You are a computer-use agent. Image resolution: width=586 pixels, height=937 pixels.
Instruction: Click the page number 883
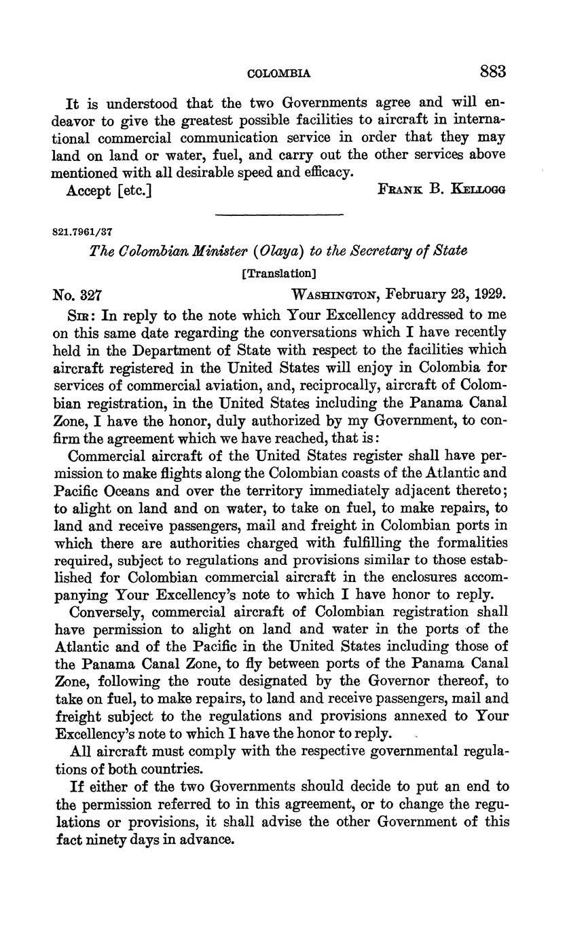tap(492, 71)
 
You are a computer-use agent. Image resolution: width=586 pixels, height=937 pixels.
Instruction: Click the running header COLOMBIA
tap(279, 73)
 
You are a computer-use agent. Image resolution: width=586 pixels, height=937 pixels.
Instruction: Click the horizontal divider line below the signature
tap(279, 215)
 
